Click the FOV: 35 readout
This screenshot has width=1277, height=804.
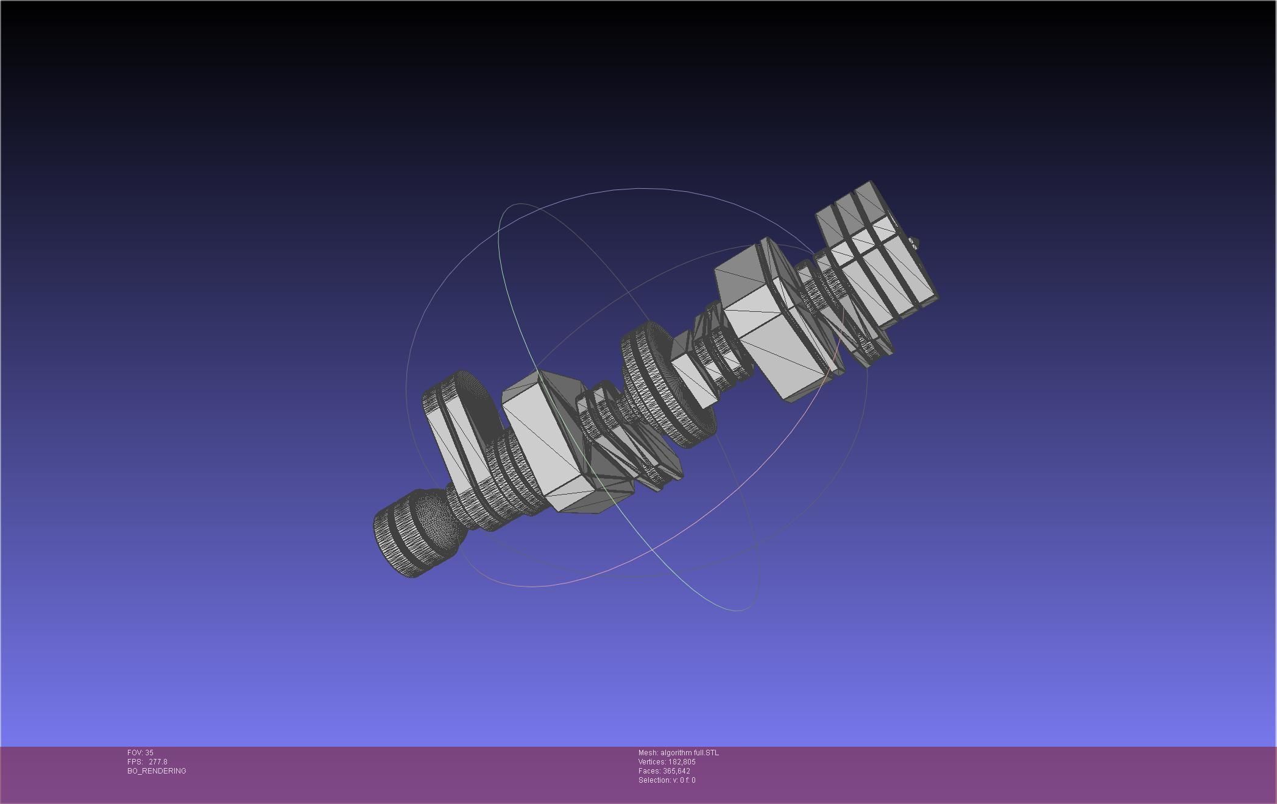click(x=140, y=753)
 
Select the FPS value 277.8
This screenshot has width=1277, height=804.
click(x=157, y=762)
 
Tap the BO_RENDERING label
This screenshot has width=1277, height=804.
click(x=157, y=771)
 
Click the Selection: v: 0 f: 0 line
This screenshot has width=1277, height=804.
click(x=667, y=780)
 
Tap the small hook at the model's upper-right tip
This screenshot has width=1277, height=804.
click(x=914, y=244)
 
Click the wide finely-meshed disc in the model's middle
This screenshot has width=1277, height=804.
click(x=661, y=384)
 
